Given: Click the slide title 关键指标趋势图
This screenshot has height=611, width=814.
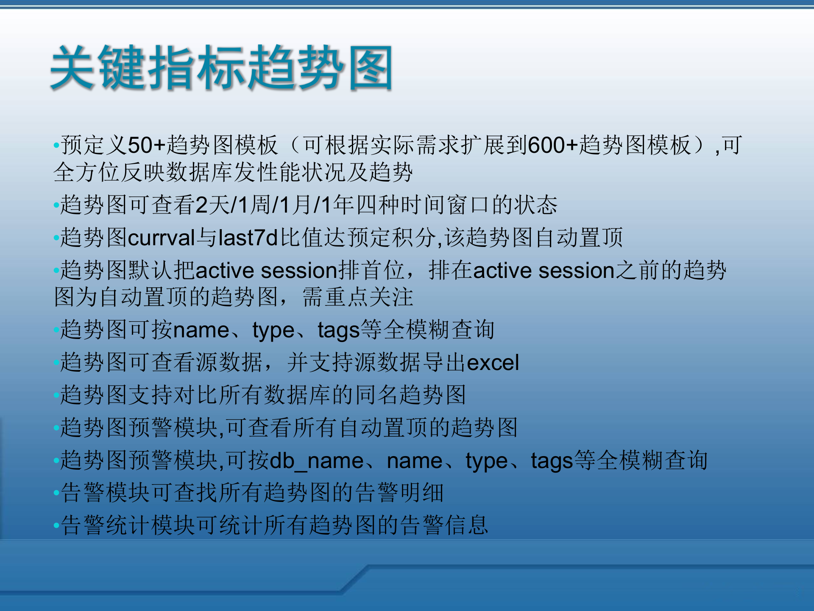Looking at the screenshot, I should click(x=221, y=68).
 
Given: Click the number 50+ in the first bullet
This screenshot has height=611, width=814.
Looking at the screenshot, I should click(x=146, y=146).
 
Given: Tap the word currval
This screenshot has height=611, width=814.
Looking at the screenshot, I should click(x=161, y=238).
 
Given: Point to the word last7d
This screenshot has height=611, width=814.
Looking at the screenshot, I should click(x=248, y=238).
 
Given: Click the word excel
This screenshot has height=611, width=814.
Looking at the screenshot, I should click(x=493, y=363).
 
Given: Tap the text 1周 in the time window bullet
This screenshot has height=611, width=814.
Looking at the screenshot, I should click(x=254, y=205).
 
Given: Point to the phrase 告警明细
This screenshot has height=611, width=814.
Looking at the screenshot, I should click(x=399, y=493).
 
